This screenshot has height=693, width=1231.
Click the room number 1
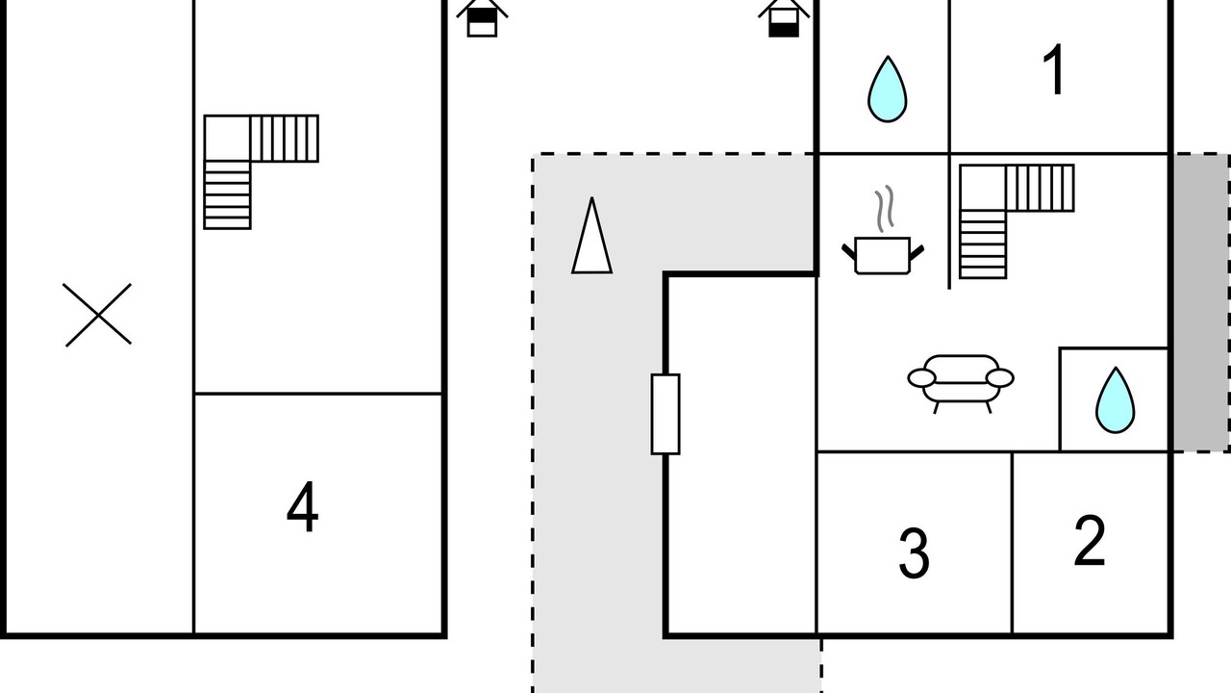coord(1055,71)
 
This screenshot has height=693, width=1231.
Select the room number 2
coord(1090,541)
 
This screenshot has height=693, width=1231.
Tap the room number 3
coord(914,552)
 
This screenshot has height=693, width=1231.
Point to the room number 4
coord(303,509)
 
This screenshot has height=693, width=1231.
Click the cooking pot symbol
coord(882,254)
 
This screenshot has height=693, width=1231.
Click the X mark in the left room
coord(98,315)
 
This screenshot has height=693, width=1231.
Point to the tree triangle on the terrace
coord(591,239)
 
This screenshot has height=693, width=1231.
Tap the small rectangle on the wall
coord(666,414)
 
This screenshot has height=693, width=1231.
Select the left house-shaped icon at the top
coord(482,18)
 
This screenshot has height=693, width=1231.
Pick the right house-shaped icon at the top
coord(784,18)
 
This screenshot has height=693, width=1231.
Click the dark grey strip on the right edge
coord(1200,302)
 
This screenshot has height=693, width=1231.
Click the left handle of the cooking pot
coord(848,252)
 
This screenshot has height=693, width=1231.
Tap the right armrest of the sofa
coord(999,378)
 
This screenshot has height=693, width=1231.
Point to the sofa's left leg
coord(937,406)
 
